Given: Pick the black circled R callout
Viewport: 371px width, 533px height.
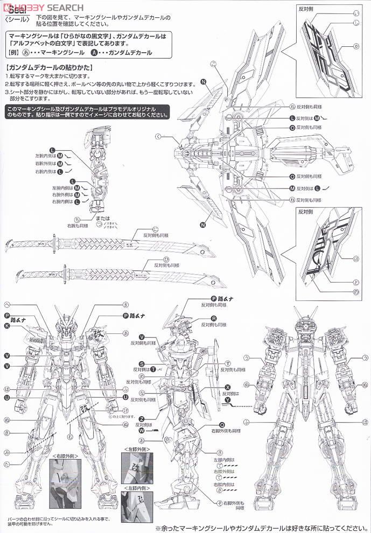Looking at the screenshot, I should click(x=213, y=319).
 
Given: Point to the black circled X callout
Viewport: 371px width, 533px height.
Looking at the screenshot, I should click(x=228, y=387).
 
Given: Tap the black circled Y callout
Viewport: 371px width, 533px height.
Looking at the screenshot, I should click(x=228, y=399).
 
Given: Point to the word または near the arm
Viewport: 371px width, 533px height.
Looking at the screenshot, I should click(x=100, y=211).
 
